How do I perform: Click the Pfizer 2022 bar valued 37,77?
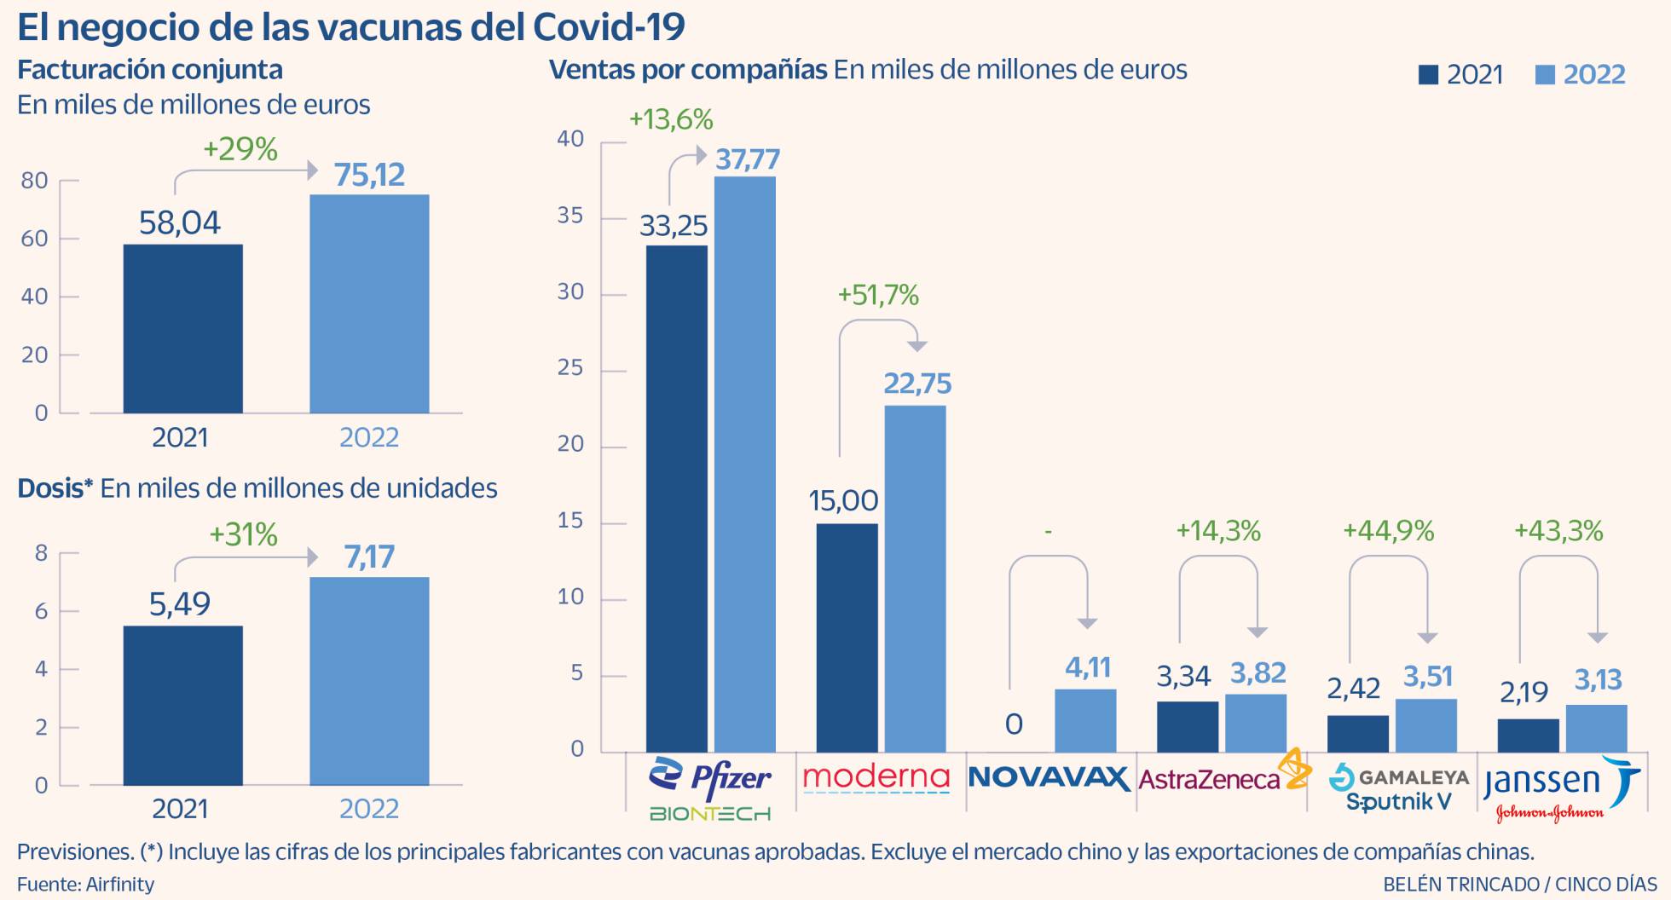[744, 464]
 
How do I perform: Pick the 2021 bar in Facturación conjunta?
[182, 329]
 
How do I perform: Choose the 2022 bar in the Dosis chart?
[369, 681]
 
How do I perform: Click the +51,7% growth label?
[878, 296]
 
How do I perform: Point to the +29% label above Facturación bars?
[240, 150]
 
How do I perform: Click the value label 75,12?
[369, 175]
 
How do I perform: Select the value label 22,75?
[916, 384]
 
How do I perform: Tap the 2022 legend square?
[1545, 75]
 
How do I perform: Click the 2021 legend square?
[1428, 75]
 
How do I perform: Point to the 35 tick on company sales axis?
[570, 216]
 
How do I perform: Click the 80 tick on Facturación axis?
[35, 181]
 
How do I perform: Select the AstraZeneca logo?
[1223, 776]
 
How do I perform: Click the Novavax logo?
[1049, 777]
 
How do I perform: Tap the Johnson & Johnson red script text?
[1549, 813]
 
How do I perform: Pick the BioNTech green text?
[709, 814]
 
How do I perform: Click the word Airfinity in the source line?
[120, 884]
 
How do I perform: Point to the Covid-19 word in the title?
[609, 27]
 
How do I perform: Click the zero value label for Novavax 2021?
[1014, 724]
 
